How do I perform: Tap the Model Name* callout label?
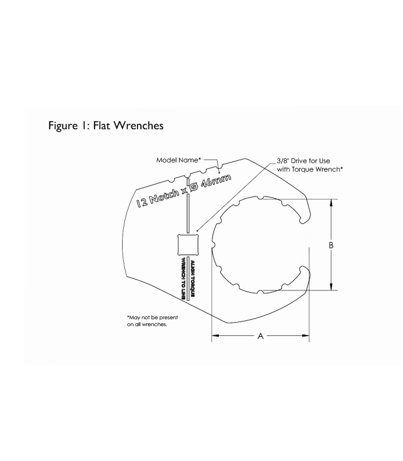(x=178, y=160)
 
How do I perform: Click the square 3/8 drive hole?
(x=187, y=245)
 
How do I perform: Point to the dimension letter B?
(x=331, y=245)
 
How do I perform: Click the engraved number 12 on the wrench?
(x=142, y=202)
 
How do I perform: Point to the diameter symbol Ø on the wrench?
(x=196, y=186)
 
